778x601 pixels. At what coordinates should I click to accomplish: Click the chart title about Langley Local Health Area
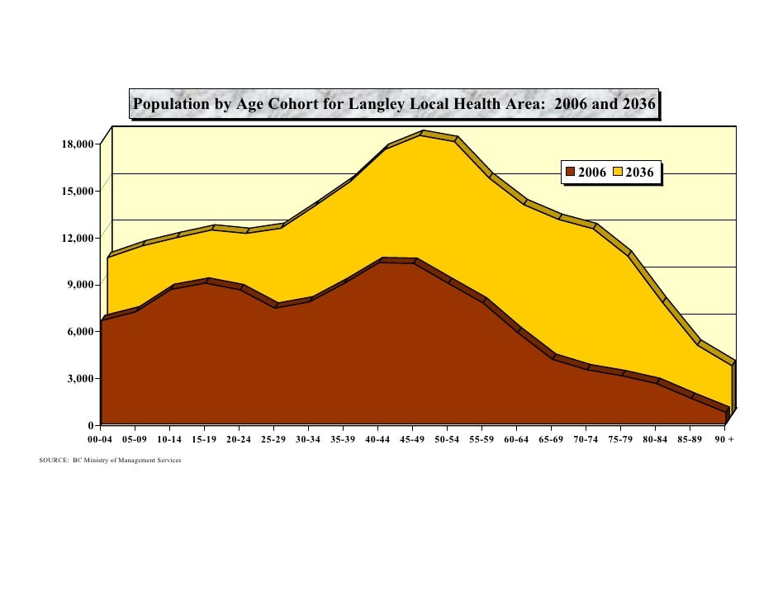(394, 105)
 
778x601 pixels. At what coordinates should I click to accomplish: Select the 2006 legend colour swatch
(571, 173)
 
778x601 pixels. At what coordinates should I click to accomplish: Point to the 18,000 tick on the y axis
(79, 144)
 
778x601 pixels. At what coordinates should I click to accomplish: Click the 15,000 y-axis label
(79, 192)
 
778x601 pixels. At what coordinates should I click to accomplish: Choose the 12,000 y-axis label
(79, 239)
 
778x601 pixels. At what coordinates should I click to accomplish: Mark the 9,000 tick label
(82, 286)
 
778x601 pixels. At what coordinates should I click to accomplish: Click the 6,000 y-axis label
(82, 332)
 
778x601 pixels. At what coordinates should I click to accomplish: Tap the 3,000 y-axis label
(82, 379)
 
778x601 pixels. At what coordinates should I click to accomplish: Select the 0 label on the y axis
(91, 426)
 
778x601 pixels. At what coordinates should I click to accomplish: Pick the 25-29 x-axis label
(273, 439)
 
